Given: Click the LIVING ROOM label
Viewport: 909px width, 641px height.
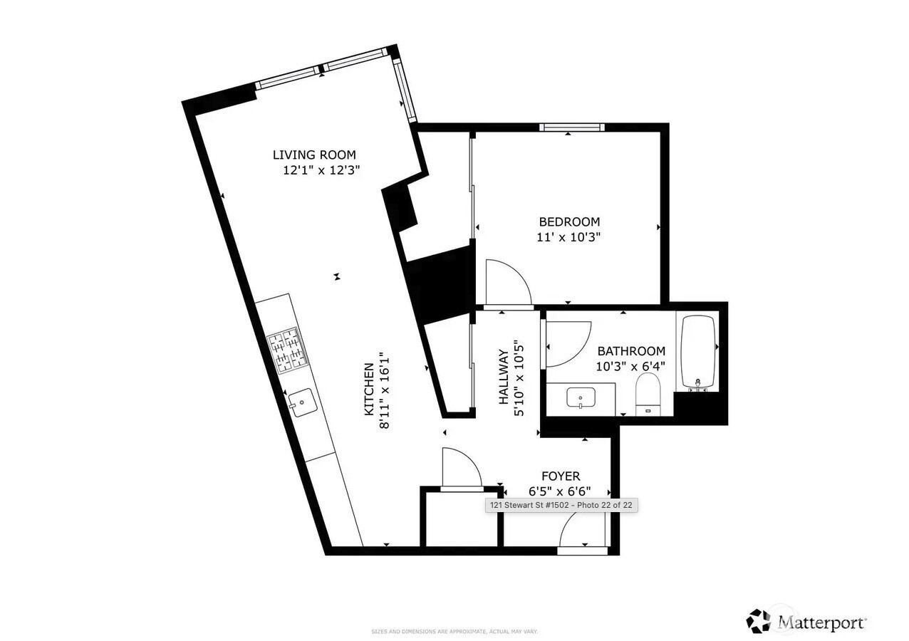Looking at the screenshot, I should (314, 155).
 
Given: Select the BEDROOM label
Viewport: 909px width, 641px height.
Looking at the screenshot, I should (569, 222).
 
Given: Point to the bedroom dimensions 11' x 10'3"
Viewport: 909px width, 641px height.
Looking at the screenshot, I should (569, 237).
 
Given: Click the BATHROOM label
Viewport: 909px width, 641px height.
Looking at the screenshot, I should (631, 351).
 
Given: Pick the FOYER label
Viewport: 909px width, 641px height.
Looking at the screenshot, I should (561, 476).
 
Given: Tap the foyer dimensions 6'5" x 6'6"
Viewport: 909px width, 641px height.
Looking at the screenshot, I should (560, 491).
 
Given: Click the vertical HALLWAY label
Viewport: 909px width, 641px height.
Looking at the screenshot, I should (504, 377).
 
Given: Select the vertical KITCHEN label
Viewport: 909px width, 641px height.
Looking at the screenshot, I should (369, 390).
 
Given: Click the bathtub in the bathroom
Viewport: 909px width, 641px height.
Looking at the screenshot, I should (698, 353).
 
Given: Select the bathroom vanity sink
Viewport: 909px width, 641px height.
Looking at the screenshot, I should (581, 397).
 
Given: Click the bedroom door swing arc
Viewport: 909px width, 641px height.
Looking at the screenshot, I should (507, 283).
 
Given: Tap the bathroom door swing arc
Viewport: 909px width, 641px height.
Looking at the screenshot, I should (568, 343).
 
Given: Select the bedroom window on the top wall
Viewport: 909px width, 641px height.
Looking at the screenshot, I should (572, 127).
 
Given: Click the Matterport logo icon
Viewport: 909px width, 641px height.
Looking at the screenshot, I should (759, 621).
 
